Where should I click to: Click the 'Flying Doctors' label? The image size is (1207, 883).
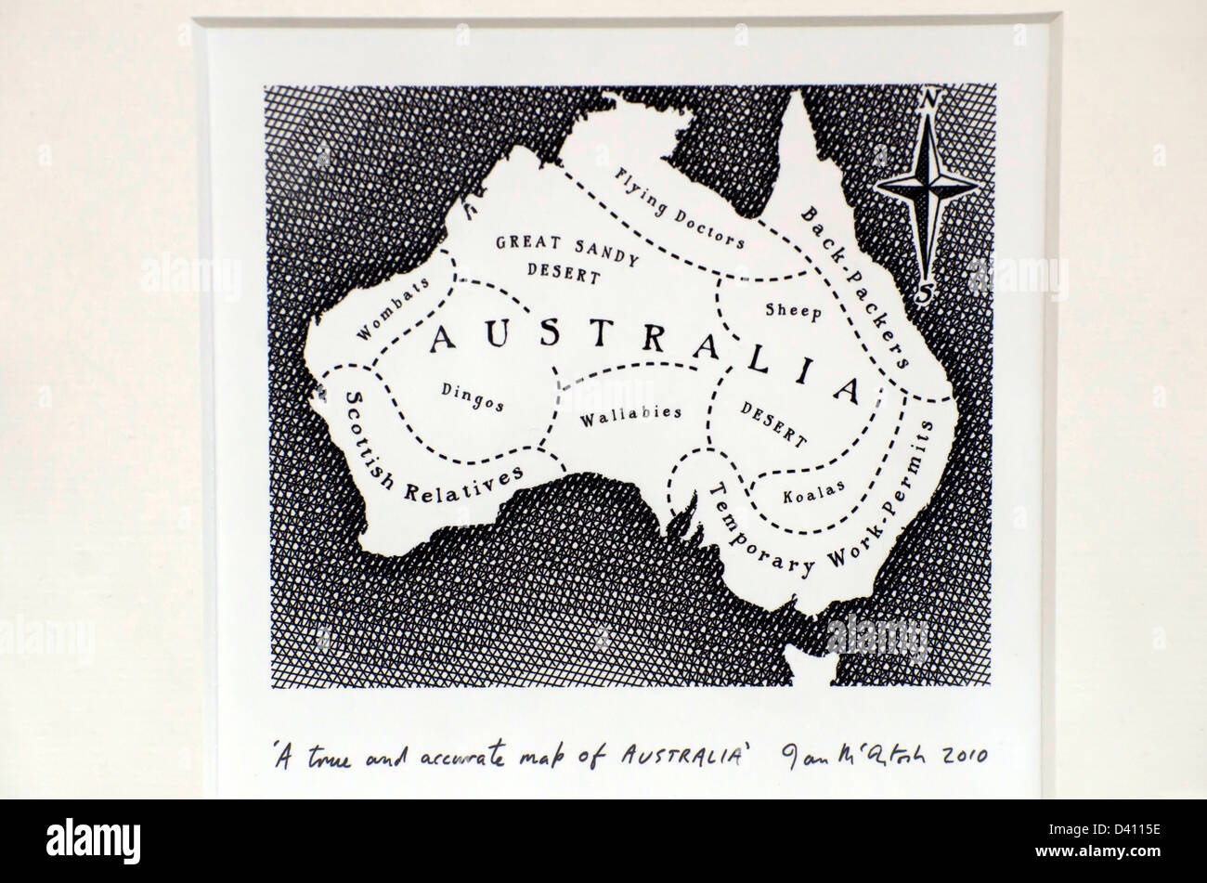(x=681, y=208)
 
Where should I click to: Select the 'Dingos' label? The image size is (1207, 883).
(x=474, y=396)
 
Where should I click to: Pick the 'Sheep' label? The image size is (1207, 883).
(x=793, y=311)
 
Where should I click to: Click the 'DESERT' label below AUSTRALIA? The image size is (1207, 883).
(x=772, y=422)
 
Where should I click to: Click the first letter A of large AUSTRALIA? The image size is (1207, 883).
(x=443, y=338)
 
